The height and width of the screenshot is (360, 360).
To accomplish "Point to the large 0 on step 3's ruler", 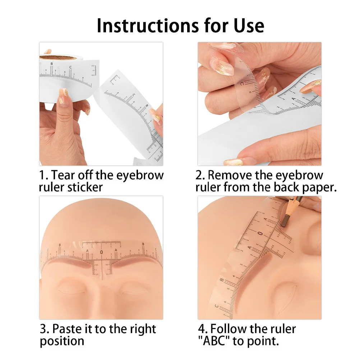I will coord(101,253).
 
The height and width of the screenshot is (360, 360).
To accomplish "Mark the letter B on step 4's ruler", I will coord(222,281).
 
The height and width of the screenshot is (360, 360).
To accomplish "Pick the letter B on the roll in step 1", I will coord(51,64).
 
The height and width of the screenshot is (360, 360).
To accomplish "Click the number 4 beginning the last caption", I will coord(202,329).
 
